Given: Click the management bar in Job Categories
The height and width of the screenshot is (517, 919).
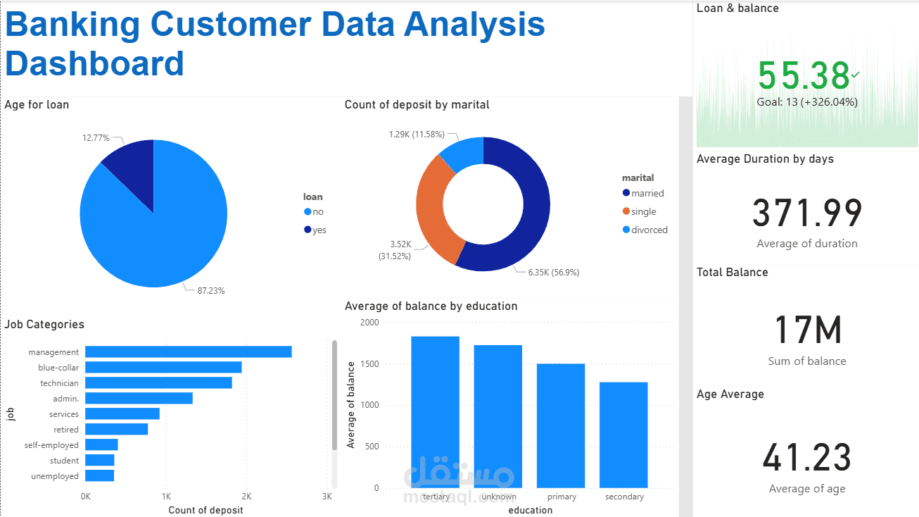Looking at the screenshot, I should (x=189, y=351).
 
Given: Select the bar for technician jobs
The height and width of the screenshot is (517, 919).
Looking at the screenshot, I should (x=158, y=382).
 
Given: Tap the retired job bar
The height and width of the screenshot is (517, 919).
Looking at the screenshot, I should (x=117, y=429).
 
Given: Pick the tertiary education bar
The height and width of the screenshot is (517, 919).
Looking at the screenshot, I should (x=435, y=411).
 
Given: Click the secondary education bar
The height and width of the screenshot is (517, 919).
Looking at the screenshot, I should (x=623, y=435).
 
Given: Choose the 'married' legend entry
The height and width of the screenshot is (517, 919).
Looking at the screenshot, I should (x=647, y=193).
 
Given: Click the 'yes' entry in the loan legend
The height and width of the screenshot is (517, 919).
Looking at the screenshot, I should (x=319, y=230).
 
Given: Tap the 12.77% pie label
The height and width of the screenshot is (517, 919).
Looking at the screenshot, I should (x=96, y=138).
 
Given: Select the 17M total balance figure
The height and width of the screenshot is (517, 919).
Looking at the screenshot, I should (x=807, y=330).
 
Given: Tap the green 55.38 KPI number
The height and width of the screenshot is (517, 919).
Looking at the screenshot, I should (x=804, y=75).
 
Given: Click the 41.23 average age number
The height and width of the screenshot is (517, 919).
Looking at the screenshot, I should (x=807, y=458).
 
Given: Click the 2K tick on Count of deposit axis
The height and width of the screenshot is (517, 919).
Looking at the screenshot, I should (x=246, y=496).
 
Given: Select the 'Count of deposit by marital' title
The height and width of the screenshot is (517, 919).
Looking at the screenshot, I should (x=417, y=104).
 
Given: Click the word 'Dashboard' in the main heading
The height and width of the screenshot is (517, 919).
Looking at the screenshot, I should (x=94, y=63).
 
